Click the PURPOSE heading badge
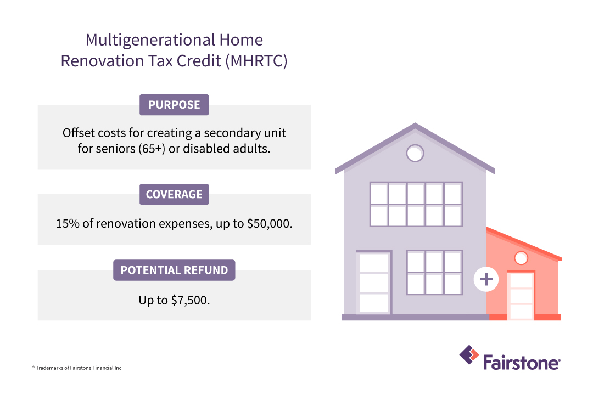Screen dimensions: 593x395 tap(174, 105)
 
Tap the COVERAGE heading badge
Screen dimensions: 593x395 tap(174, 194)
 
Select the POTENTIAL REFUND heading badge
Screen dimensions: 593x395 tap(174, 270)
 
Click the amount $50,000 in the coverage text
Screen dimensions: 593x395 tap(270, 224)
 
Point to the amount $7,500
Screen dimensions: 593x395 tap(190, 301)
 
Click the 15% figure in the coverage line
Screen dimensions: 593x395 tap(68, 224)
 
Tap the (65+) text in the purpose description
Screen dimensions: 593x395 tap(152, 149)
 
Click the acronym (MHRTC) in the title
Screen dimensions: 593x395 tap(256, 61)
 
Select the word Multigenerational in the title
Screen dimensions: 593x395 tap(150, 40)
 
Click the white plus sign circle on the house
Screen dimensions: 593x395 tap(486, 279)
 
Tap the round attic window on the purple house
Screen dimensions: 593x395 tap(415, 154)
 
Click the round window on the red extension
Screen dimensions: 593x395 tap(521, 258)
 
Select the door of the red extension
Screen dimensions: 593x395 tap(522, 295)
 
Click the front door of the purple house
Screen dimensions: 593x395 tap(374, 283)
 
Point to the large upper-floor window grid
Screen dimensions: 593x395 tap(416, 205)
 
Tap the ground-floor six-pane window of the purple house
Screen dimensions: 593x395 tap(434, 272)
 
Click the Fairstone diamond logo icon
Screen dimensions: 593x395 tap(469, 355)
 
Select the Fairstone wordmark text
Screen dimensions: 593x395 tap(522, 363)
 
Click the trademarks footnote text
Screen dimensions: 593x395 tap(77, 368)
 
